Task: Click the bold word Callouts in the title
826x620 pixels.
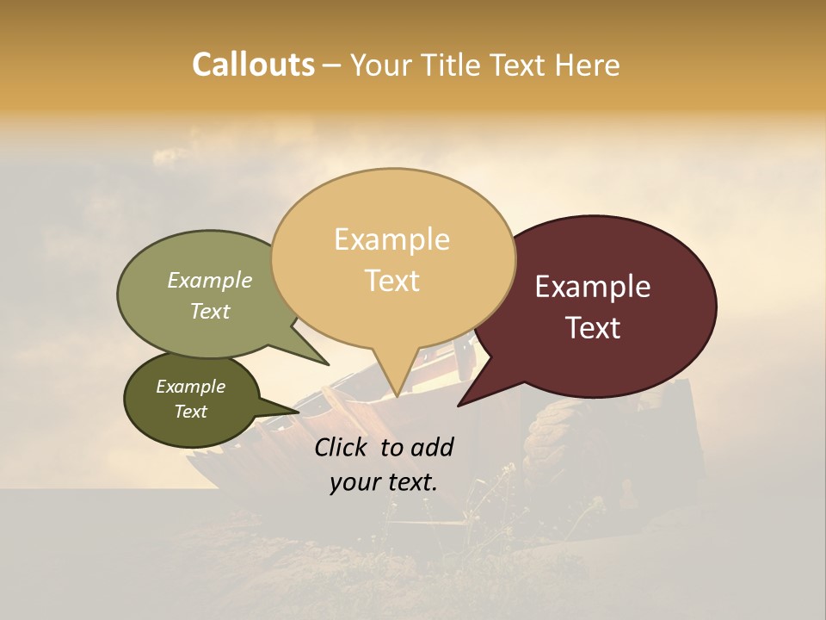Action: click(x=253, y=65)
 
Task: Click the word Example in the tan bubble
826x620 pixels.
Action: click(x=391, y=239)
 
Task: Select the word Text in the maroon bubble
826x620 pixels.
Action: click(x=594, y=327)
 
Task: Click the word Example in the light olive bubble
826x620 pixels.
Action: click(x=209, y=281)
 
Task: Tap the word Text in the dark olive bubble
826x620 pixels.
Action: click(x=191, y=412)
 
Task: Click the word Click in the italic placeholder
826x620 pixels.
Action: click(x=342, y=447)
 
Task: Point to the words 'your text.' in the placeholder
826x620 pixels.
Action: click(x=384, y=482)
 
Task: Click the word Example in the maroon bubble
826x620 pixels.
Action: click(x=593, y=287)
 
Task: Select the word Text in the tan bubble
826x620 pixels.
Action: click(x=392, y=280)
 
